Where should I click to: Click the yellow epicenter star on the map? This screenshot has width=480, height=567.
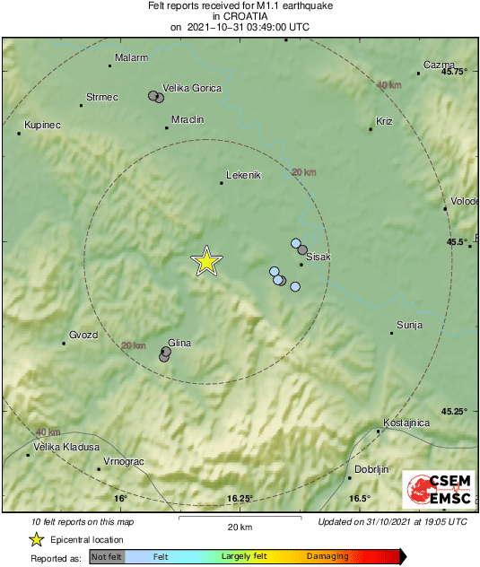pyautogui.click(x=206, y=261)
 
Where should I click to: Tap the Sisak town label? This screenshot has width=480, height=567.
pyautogui.click(x=319, y=257)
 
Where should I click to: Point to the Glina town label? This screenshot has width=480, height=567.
pyautogui.click(x=179, y=342)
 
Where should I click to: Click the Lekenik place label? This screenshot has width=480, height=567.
pyautogui.click(x=243, y=175)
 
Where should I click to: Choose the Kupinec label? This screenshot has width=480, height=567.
pyautogui.click(x=42, y=125)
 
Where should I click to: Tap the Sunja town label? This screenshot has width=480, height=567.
pyautogui.click(x=409, y=325)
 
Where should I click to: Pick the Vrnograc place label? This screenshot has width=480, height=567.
pyautogui.click(x=124, y=460)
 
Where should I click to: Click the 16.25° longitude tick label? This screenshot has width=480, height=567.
pyautogui.click(x=240, y=499)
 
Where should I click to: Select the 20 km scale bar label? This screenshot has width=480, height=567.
pyautogui.click(x=239, y=526)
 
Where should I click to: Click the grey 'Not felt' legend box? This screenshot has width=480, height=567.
pyautogui.click(x=107, y=557)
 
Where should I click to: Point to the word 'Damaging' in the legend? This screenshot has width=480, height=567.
pyautogui.click(x=327, y=557)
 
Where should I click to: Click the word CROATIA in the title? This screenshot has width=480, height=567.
pyautogui.click(x=240, y=16)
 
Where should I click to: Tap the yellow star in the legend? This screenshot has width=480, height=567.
pyautogui.click(x=37, y=539)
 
